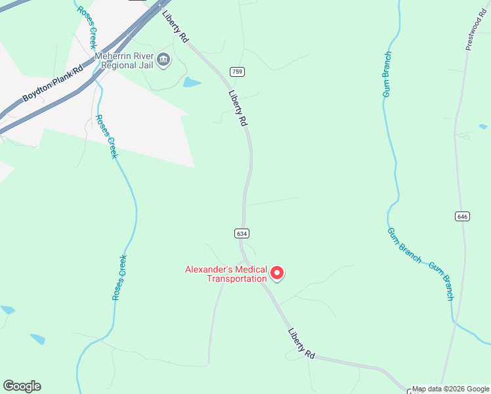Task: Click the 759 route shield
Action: pos(236,71)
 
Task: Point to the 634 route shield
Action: pos(242,233)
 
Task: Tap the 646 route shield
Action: pos(463,216)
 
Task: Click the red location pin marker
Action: pos(277,273)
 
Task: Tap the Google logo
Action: pos(22,386)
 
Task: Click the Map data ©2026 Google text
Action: pos(451,389)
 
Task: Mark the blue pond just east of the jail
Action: pos(192,82)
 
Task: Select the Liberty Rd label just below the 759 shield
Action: pos(238,108)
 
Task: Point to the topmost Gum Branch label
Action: pos(387,74)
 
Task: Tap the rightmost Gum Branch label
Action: pos(441,281)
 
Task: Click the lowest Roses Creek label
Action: pos(119,278)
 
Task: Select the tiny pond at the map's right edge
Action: pos(483,126)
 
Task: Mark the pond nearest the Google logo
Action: pos(37,339)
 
